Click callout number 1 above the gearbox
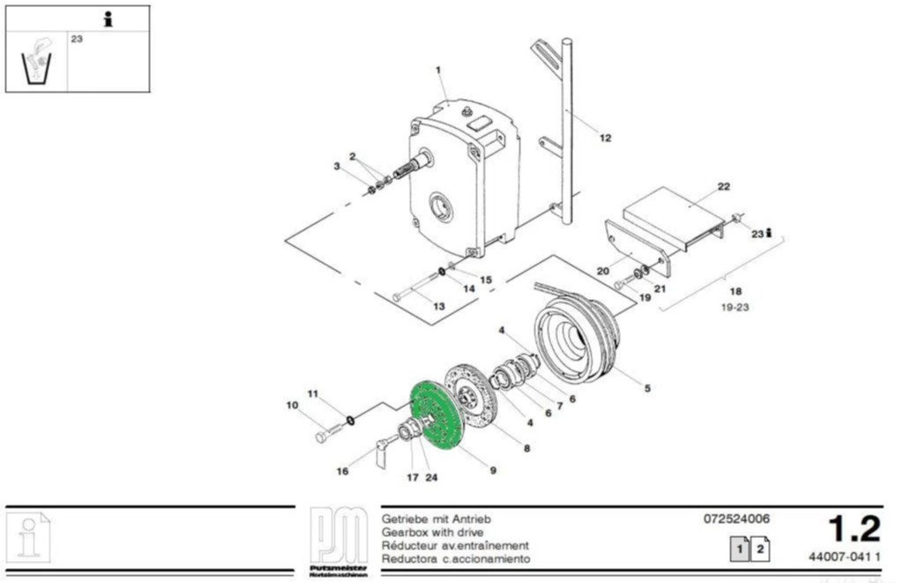[438, 70]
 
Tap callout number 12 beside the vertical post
[605, 138]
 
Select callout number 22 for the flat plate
[724, 186]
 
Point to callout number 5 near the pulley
[647, 387]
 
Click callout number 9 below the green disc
[493, 469]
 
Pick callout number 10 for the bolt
[292, 406]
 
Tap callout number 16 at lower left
[342, 471]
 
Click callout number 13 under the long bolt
[438, 305]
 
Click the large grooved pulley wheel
[578, 336]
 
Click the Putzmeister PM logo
[339, 541]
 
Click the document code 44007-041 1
[844, 557]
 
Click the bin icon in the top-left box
[36, 62]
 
